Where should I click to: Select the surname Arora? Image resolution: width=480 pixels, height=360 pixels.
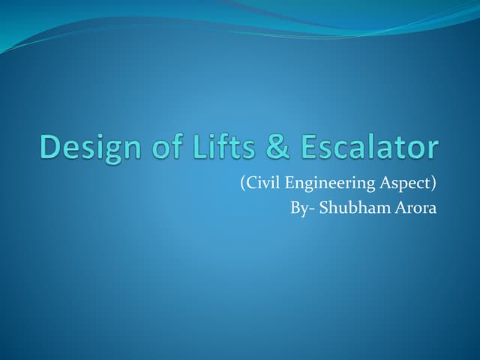coord(412,206)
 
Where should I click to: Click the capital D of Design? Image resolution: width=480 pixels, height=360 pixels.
coord(48,147)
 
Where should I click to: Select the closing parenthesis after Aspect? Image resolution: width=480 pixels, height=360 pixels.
coord(434,181)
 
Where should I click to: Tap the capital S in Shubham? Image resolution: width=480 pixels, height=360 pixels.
coord(324,206)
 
